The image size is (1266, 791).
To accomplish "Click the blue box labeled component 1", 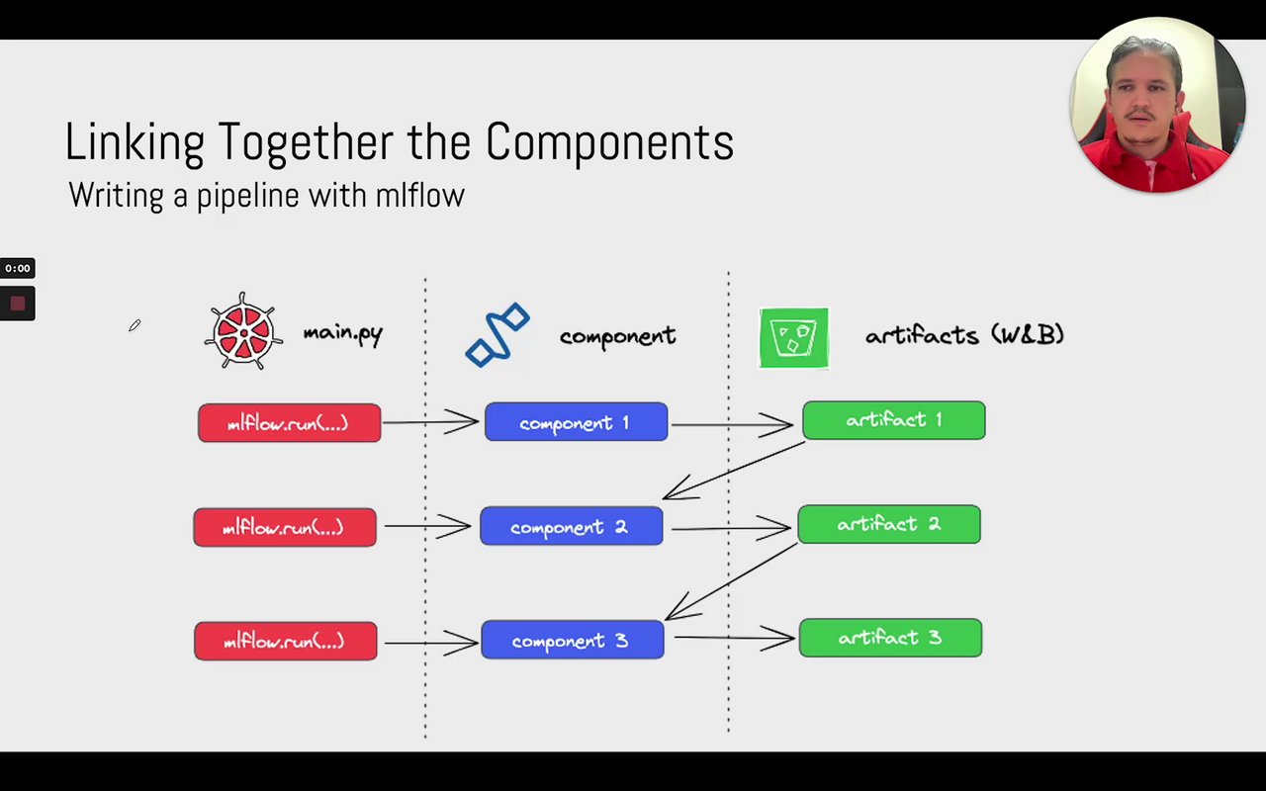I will (x=576, y=422).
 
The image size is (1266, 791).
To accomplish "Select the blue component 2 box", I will (x=571, y=526).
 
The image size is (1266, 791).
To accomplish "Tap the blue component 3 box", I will (x=572, y=640).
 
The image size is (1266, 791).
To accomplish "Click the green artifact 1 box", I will (x=893, y=420).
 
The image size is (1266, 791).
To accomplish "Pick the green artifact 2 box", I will (x=888, y=524).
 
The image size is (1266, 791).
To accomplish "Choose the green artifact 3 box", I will (x=890, y=638).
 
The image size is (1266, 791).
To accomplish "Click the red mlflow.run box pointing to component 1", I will (x=289, y=423).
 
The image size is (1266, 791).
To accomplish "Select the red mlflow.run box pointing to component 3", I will (x=285, y=641).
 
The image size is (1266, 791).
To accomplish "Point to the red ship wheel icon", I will (x=242, y=332).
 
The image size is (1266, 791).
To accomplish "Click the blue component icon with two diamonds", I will (x=497, y=335).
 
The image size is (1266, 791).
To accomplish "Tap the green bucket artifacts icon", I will (x=793, y=338).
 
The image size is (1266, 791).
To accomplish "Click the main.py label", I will (x=342, y=332).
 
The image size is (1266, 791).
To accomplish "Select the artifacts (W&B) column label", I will (x=964, y=335).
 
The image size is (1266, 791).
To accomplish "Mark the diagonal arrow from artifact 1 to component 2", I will (x=733, y=470).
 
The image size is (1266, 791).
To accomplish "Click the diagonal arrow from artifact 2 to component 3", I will (x=731, y=581).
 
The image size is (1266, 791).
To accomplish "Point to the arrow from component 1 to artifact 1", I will (x=732, y=425).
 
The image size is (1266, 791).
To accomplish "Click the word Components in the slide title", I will (x=609, y=142).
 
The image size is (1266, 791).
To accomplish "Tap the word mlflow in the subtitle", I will (x=419, y=195).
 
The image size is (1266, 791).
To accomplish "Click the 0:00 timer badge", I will (x=18, y=268).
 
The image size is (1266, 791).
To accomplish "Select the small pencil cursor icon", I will (x=135, y=325).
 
